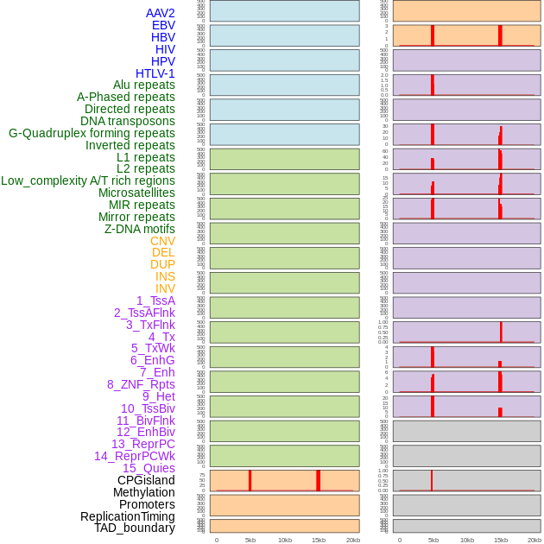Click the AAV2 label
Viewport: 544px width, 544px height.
click(x=160, y=13)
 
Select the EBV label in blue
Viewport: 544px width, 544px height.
click(x=163, y=25)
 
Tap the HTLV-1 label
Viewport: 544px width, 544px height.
click(x=155, y=73)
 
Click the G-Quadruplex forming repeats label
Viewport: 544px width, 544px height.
click(x=92, y=133)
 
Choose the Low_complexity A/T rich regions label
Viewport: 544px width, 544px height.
click(x=87, y=180)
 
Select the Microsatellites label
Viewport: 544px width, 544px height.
click(x=136, y=193)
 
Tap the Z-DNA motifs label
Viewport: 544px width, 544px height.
click(x=139, y=229)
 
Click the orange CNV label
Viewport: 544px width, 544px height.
click(x=162, y=241)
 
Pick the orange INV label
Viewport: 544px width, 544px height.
click(x=165, y=288)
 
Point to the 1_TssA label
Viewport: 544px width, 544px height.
click(x=155, y=300)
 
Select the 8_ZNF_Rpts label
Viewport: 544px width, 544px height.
click(x=141, y=384)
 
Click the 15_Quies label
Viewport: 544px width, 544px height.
click(x=149, y=468)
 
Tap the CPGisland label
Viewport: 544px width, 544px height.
click(x=146, y=480)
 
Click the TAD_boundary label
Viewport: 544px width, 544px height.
click(x=135, y=528)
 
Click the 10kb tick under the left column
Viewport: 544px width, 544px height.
click(x=284, y=540)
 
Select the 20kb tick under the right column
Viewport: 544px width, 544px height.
click(x=535, y=540)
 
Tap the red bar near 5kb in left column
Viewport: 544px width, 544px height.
click(x=250, y=481)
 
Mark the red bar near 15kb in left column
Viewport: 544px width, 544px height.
click(x=318, y=481)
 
